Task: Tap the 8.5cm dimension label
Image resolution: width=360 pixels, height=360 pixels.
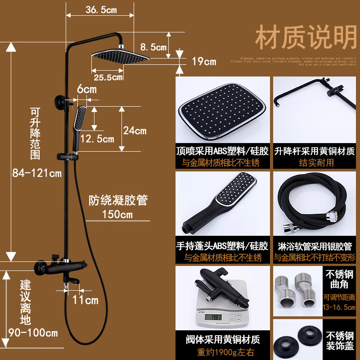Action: pyautogui.click(x=153, y=46)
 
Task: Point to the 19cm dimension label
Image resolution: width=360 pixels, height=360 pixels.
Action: pyautogui.click(x=204, y=62)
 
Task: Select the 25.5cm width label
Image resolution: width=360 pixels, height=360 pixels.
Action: pyautogui.click(x=108, y=77)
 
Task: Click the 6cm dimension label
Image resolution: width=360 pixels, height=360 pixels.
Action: pyautogui.click(x=86, y=90)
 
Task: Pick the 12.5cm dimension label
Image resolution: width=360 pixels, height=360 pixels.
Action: pyautogui.click(x=99, y=139)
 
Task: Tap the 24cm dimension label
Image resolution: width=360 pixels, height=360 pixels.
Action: pyautogui.click(x=135, y=131)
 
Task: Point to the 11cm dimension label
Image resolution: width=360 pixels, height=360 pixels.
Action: pyautogui.click(x=85, y=299)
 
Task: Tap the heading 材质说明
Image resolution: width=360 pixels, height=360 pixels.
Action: pyautogui.click(x=306, y=38)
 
